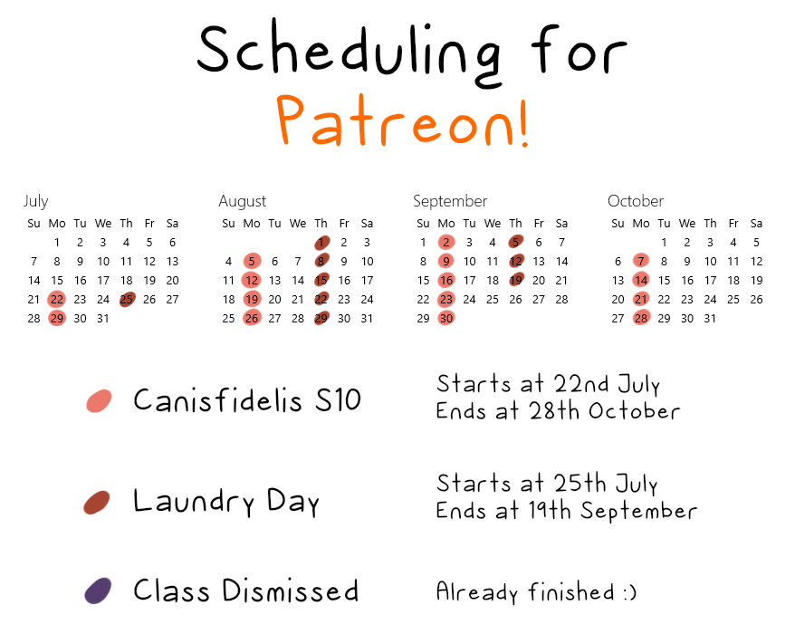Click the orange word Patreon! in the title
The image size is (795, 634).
coord(403,120)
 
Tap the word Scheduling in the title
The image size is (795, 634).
coord(350,53)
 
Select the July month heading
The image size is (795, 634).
coord(36,201)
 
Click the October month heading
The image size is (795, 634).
coord(636,201)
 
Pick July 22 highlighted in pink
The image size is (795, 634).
coord(57,299)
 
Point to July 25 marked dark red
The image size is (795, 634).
coord(127,299)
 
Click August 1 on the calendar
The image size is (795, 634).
coord(321,243)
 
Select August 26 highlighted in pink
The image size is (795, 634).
coord(252,318)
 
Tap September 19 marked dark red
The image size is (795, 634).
coord(516,280)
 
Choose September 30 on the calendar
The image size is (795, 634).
coord(446,318)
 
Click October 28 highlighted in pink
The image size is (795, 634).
coord(641,318)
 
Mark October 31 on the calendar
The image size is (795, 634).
coord(710,319)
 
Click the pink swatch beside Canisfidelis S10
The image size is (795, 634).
coord(100,400)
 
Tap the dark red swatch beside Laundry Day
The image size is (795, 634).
coord(97,502)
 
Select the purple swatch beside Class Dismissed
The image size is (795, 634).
coord(98,591)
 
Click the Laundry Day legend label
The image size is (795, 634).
coord(226,501)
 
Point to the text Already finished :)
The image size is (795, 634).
coord(536,592)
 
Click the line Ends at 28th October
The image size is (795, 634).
coord(558,411)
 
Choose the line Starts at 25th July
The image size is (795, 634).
coord(547,484)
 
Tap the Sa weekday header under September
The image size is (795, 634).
coord(561,223)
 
